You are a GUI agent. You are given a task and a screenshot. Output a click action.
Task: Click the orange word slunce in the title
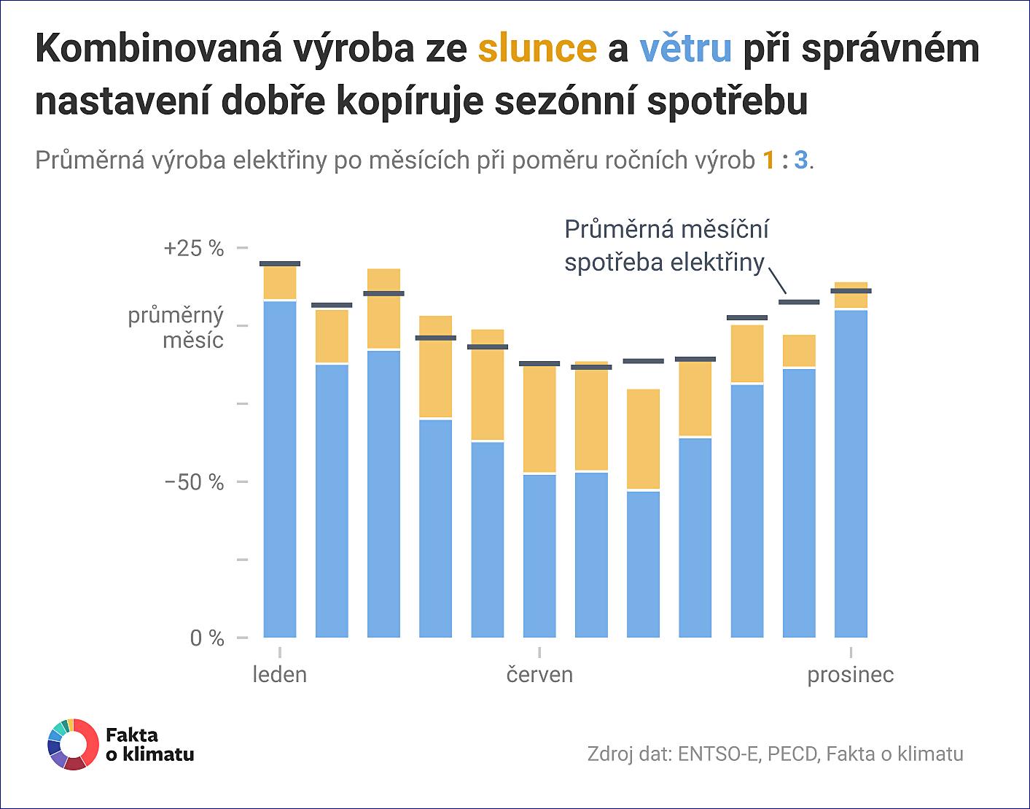(537, 48)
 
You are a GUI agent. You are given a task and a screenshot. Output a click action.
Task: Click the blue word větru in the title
(685, 48)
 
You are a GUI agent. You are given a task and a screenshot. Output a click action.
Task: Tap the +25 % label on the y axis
(194, 248)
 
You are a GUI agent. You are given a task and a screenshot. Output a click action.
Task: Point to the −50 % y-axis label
(194, 482)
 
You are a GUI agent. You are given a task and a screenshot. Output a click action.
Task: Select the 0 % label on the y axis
(207, 638)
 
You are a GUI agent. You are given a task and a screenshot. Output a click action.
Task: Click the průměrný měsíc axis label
(176, 328)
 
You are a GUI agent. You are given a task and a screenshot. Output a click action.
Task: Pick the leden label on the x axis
(280, 674)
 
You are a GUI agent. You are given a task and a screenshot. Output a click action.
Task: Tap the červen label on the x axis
(539, 674)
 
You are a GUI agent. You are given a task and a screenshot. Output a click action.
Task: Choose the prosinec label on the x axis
(850, 674)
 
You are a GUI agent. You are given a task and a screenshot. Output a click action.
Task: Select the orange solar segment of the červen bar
(539, 419)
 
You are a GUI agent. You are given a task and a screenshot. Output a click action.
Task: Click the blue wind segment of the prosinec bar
(851, 474)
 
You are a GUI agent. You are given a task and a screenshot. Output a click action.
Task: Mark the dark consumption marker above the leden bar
(280, 263)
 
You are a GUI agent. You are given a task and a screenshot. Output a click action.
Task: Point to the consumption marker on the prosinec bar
(851, 291)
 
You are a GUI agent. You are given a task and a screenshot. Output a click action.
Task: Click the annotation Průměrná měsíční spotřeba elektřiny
(666, 246)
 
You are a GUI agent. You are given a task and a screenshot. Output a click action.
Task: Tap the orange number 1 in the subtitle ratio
(768, 160)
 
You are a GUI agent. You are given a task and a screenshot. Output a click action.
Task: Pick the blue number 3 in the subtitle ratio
(800, 160)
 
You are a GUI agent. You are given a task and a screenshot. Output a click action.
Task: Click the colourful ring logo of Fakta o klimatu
(72, 745)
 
